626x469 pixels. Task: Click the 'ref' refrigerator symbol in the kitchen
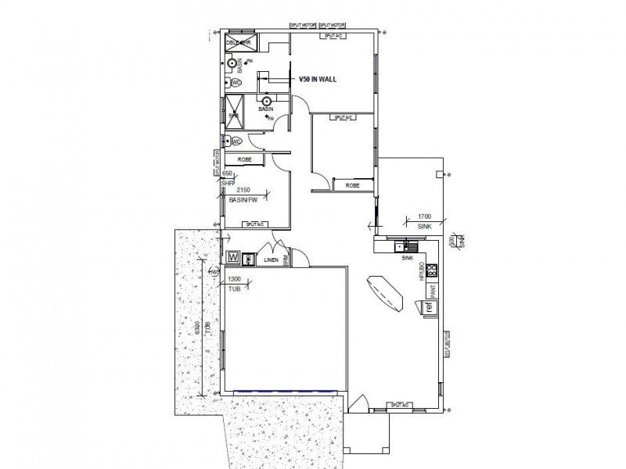click(429, 307)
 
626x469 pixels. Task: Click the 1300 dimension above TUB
click(233, 279)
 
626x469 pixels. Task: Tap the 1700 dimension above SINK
click(424, 215)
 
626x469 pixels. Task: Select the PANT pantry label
click(432, 292)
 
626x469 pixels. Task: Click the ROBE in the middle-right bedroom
click(352, 185)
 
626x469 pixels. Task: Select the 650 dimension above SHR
click(228, 174)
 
